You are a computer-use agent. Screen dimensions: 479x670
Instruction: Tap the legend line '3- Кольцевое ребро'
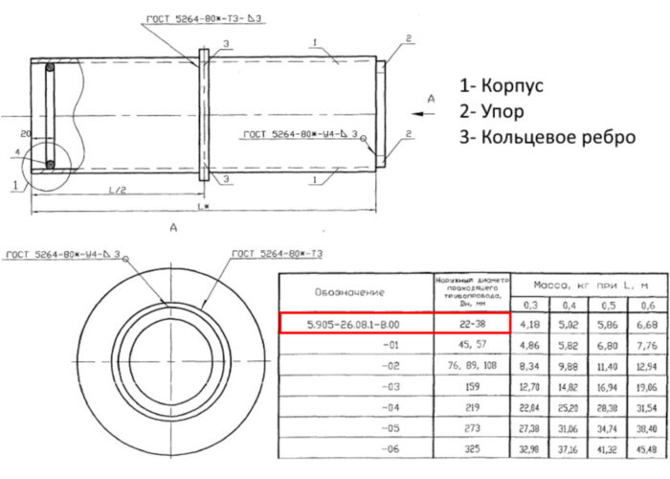[547, 137]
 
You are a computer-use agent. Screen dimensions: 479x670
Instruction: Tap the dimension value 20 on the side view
[26, 132]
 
